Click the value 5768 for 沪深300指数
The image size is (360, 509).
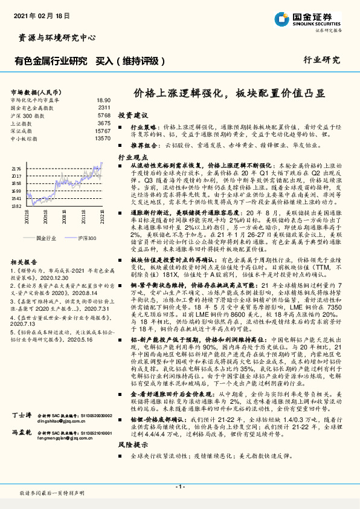[x=104, y=115]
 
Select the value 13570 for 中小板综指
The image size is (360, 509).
[x=103, y=138]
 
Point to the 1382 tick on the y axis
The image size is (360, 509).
[x=17, y=206]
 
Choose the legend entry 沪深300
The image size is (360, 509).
[x=86, y=239]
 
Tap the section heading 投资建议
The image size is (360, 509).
[x=132, y=115]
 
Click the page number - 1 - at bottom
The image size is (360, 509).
[x=179, y=487]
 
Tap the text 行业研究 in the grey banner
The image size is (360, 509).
[x=321, y=60]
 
